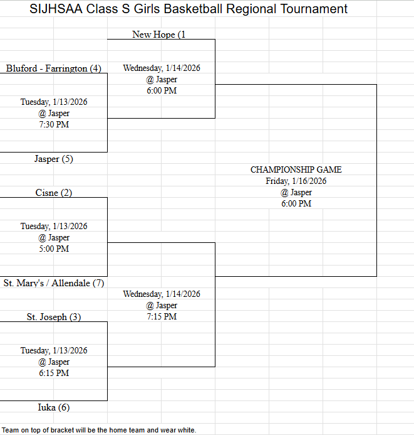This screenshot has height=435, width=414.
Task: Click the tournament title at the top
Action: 189,9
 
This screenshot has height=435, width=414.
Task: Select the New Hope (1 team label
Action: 159,35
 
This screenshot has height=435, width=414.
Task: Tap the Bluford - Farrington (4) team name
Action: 54,68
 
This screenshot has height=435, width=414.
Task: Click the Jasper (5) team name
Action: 54,159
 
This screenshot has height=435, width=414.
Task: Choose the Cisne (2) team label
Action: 54,193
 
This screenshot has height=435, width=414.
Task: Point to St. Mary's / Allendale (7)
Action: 54,283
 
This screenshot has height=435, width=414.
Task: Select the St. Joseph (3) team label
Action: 54,317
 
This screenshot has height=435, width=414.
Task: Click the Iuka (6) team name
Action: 54,407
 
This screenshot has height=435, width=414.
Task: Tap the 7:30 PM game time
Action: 54,124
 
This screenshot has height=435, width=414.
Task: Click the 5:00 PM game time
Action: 54,249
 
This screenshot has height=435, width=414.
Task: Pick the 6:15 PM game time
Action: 54,373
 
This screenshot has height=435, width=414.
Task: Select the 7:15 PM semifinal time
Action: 162,316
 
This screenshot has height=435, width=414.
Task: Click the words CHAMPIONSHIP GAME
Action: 296,169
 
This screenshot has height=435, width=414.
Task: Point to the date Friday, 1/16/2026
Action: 296,181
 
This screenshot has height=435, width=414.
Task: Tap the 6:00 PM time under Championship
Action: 296,203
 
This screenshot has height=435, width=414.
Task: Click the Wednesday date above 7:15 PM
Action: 162,294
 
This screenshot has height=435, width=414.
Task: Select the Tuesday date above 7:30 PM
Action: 54,102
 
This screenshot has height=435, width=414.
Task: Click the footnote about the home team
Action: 99,430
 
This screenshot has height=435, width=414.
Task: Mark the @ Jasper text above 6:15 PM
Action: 54,362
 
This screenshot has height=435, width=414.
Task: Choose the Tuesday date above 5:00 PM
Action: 54,226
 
